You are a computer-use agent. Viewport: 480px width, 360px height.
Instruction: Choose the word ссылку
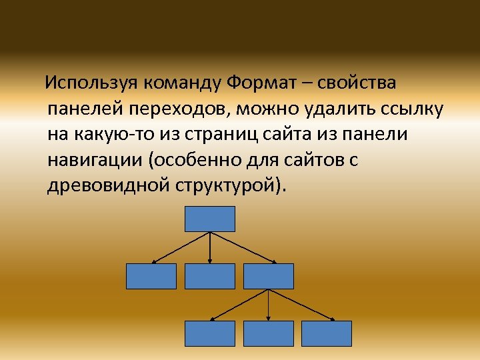click(x=408, y=109)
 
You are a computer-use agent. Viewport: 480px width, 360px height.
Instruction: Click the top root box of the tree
click(x=210, y=219)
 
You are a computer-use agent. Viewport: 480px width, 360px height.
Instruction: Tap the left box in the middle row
click(x=151, y=276)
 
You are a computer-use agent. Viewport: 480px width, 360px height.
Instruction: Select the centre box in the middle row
click(x=210, y=276)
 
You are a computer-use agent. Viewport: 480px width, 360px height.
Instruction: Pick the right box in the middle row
click(x=268, y=276)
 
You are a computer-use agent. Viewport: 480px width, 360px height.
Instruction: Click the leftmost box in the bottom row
click(x=210, y=333)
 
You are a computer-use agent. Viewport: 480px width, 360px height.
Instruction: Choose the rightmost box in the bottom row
click(x=326, y=333)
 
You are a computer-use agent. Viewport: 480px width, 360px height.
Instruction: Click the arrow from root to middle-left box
click(x=181, y=247)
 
